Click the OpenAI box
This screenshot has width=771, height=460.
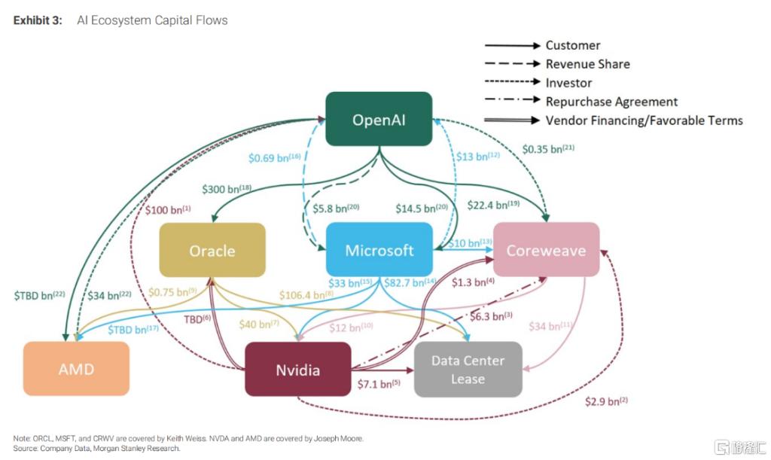[x=379, y=119]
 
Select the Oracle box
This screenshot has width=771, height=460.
[x=212, y=250]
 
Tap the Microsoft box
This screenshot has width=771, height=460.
[x=379, y=250]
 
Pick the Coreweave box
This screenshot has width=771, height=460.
[x=546, y=250]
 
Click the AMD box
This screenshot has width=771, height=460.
[x=76, y=369]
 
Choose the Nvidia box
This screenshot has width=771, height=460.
[x=297, y=369]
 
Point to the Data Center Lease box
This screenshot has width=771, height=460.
[x=468, y=369]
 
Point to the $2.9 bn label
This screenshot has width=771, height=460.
[x=606, y=401]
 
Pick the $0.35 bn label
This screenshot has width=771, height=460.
[x=547, y=149]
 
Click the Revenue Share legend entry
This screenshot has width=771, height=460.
[x=587, y=64]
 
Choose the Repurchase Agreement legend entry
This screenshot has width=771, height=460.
[x=611, y=102]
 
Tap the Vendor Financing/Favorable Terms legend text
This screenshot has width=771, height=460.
[x=644, y=120]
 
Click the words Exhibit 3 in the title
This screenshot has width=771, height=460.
[x=38, y=20]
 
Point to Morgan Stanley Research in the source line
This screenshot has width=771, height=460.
[x=143, y=448]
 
